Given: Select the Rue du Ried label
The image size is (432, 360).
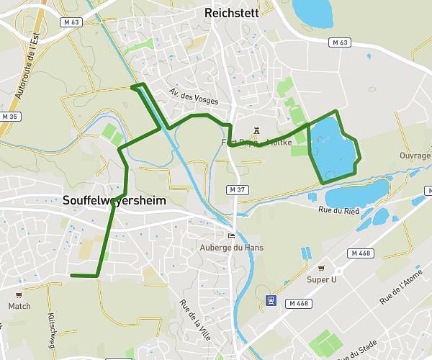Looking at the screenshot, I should click(x=338, y=210).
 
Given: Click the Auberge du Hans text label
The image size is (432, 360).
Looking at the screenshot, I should click(x=231, y=248).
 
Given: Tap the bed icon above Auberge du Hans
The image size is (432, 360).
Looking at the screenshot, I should click(x=231, y=235).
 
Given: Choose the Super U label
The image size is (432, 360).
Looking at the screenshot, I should click(x=322, y=279).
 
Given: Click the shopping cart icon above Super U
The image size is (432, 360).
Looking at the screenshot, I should click(x=322, y=267).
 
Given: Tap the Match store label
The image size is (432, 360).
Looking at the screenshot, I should click(x=19, y=306).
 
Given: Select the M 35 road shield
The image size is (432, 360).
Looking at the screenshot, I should click(x=9, y=116).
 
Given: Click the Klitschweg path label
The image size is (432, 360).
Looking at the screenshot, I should click(x=53, y=327).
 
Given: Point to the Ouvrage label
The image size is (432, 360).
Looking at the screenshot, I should click(x=415, y=155).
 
